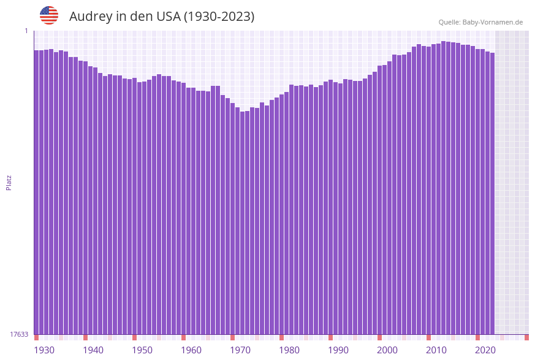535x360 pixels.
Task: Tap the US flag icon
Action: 49,15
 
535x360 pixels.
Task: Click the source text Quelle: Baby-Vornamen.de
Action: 480,22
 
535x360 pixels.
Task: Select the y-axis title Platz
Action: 9,182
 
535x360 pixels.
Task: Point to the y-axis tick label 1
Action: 26,31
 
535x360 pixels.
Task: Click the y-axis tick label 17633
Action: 19,334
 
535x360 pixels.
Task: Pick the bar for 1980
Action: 281,214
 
